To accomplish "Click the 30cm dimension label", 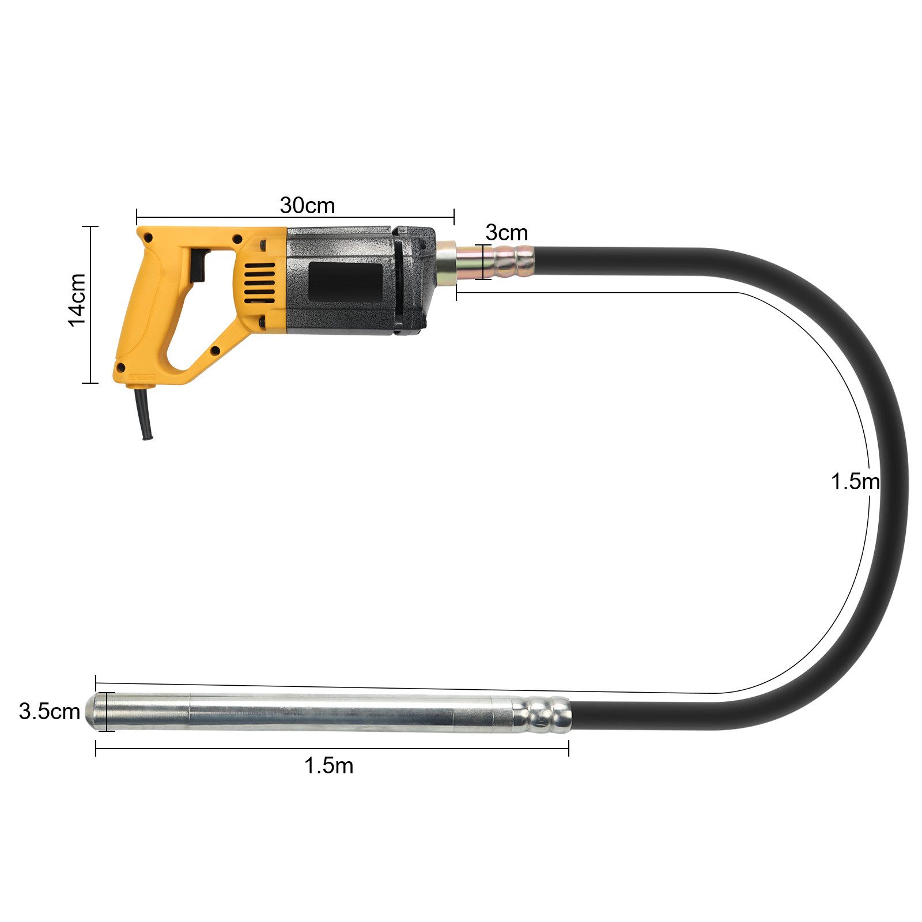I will click(x=307, y=205).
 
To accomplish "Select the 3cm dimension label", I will click(x=506, y=233).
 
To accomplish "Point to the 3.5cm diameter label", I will click(x=49, y=711).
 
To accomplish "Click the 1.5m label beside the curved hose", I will click(x=855, y=482).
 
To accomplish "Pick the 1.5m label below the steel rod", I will click(x=328, y=766).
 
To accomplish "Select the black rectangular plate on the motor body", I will click(x=345, y=282).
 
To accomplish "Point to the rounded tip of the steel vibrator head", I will click(x=92, y=712).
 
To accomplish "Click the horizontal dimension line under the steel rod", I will click(x=331, y=749).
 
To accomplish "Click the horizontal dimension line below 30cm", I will click(x=295, y=217).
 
